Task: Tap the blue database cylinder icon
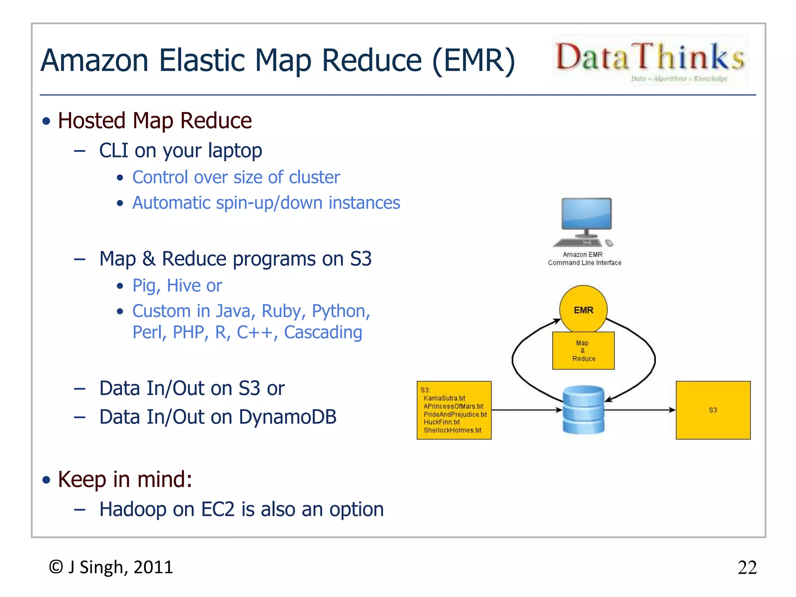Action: tap(583, 410)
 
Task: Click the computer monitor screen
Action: tap(586, 213)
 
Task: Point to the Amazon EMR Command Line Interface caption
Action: tap(584, 258)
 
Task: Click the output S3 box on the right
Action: tap(713, 410)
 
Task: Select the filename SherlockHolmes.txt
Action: tap(452, 430)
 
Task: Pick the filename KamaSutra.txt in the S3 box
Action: tap(444, 398)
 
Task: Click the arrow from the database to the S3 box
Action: tap(640, 410)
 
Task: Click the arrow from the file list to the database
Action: tap(527, 410)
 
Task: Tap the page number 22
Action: tap(747, 568)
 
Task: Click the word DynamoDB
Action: tap(287, 417)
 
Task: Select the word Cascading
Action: tap(323, 332)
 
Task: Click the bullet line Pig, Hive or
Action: tap(177, 286)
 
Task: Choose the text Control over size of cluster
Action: tap(236, 177)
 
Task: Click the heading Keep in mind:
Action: tap(125, 479)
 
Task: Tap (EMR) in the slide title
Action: tap(473, 60)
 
